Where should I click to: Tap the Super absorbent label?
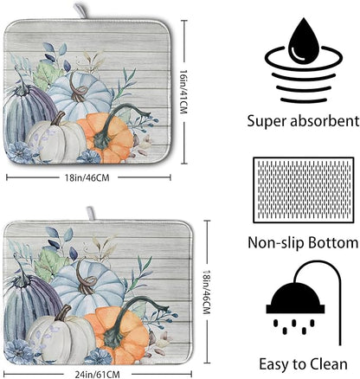(303, 121)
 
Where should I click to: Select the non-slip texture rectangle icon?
(303, 190)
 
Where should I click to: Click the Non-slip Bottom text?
(303, 243)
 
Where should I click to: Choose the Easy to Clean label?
(303, 364)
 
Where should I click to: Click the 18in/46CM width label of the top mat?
(87, 177)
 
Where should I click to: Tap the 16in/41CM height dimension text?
(183, 92)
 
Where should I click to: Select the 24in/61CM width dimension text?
(97, 375)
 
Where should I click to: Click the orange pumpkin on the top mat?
(106, 136)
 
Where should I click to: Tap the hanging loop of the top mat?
(81, 11)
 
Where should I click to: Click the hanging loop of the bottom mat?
(91, 214)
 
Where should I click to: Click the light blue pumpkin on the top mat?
(79, 93)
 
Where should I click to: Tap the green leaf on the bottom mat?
(51, 263)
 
